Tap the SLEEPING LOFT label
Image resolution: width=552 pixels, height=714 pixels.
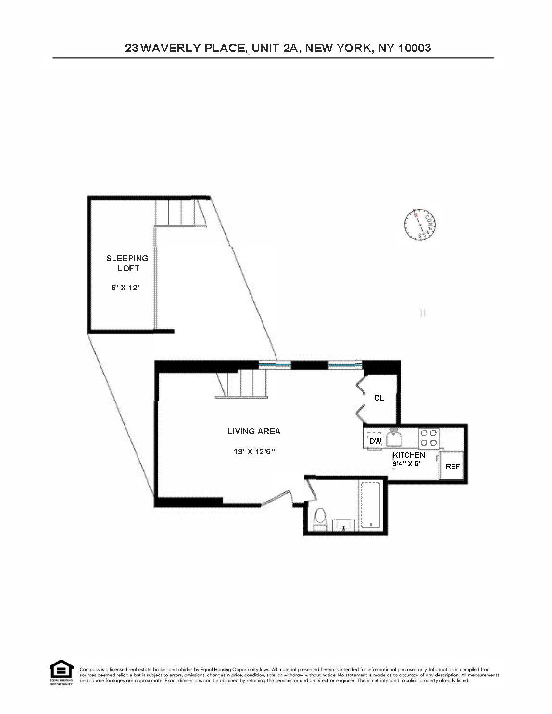pyautogui.click(x=127, y=263)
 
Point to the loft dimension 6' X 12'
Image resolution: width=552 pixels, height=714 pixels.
pyautogui.click(x=125, y=288)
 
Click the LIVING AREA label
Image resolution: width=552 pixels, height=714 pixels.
pyautogui.click(x=253, y=431)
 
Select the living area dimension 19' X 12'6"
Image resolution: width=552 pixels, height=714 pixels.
pyautogui.click(x=254, y=451)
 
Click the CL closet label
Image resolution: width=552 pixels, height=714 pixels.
pyautogui.click(x=379, y=398)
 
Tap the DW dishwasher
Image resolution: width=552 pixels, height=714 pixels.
pyautogui.click(x=376, y=441)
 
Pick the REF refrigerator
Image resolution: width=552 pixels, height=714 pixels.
pyautogui.click(x=452, y=466)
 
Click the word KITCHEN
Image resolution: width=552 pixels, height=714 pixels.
pyautogui.click(x=409, y=455)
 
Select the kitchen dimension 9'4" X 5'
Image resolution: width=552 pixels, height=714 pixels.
pyautogui.click(x=406, y=464)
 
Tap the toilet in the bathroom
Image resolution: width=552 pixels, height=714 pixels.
pyautogui.click(x=320, y=520)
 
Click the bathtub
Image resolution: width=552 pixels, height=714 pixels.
pyautogui.click(x=370, y=505)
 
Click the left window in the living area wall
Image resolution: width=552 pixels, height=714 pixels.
pyautogui.click(x=275, y=365)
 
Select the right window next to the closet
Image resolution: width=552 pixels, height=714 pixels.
pyautogui.click(x=345, y=365)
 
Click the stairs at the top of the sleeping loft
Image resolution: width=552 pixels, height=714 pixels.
pyautogui.click(x=180, y=213)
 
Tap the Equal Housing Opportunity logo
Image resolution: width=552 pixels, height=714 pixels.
pyautogui.click(x=62, y=672)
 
